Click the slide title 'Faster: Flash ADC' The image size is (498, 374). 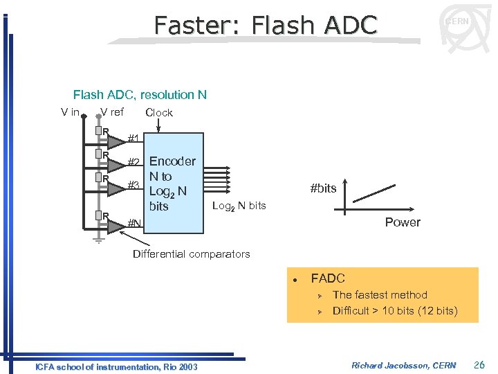pos(266,25)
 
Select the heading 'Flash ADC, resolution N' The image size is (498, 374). pos(140,95)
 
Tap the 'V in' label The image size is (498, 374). pos(70,112)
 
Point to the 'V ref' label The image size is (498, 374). pos(112,112)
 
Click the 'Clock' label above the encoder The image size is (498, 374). pos(159,112)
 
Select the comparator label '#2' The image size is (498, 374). pos(134,163)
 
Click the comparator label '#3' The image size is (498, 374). pos(134,185)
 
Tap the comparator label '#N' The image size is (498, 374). pos(135,223)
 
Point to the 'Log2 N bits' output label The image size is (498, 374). pos(239,206)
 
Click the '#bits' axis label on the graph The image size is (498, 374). pos(323,188)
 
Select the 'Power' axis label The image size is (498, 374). pos(403,222)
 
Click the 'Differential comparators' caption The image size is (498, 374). pos(191,254)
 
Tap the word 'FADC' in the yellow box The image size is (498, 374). pos(328,278)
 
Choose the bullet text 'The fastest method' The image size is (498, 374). pos(380,294)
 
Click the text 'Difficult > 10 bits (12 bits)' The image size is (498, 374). pos(395,310)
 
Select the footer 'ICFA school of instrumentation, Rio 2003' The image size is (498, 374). pos(116,366)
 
